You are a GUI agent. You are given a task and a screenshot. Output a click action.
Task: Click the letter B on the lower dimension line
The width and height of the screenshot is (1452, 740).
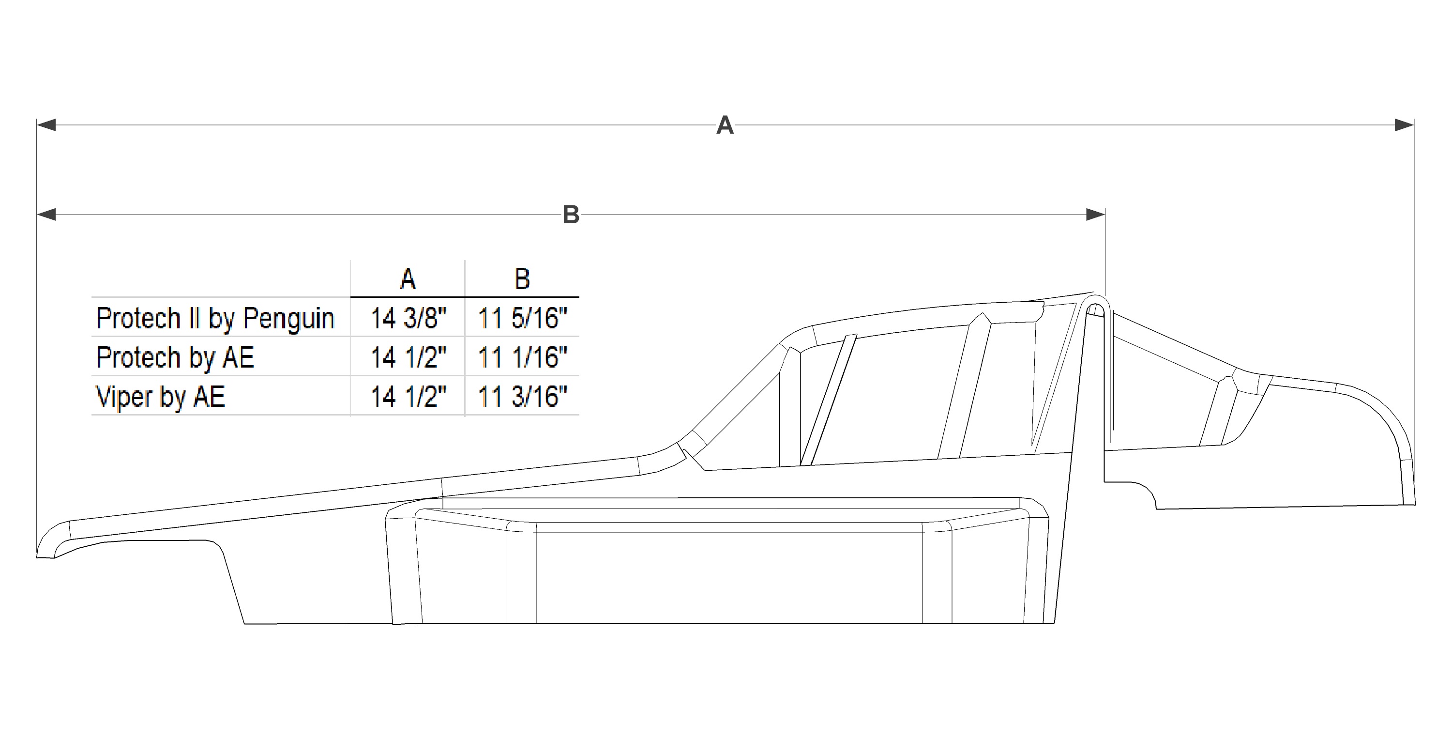(x=571, y=215)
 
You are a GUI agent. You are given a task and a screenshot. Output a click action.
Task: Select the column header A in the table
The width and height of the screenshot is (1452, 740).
(x=408, y=279)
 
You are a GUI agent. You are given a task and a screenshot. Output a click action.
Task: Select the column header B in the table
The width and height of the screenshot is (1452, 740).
(x=523, y=279)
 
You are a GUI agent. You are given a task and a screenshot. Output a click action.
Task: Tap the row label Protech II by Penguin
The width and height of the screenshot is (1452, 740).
(x=215, y=319)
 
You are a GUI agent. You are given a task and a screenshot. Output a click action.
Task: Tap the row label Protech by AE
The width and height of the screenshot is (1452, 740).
(x=175, y=357)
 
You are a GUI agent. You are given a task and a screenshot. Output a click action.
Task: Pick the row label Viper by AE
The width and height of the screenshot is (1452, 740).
(x=161, y=397)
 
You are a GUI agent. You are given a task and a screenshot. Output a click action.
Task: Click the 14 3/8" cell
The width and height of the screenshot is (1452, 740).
(x=408, y=319)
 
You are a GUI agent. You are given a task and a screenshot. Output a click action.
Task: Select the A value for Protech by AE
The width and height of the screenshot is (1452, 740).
(x=408, y=357)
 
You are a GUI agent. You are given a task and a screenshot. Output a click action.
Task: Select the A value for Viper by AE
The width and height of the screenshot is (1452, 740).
(x=408, y=397)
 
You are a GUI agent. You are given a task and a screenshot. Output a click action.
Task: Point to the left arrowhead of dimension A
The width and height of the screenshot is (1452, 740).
(x=46, y=124)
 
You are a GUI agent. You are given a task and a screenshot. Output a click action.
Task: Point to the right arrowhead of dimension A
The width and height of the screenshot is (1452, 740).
(x=1404, y=124)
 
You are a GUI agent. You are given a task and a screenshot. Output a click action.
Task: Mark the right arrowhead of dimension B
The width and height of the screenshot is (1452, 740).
(x=1095, y=215)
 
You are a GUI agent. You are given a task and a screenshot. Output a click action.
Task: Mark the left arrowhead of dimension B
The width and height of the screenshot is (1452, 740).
(x=46, y=215)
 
